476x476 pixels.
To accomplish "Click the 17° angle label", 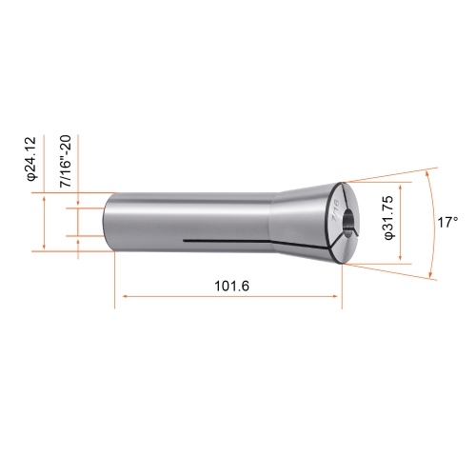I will pos(448,222).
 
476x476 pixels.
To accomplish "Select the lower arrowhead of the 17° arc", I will pos(434,276).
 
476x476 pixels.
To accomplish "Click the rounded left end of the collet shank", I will pos(108,224).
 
